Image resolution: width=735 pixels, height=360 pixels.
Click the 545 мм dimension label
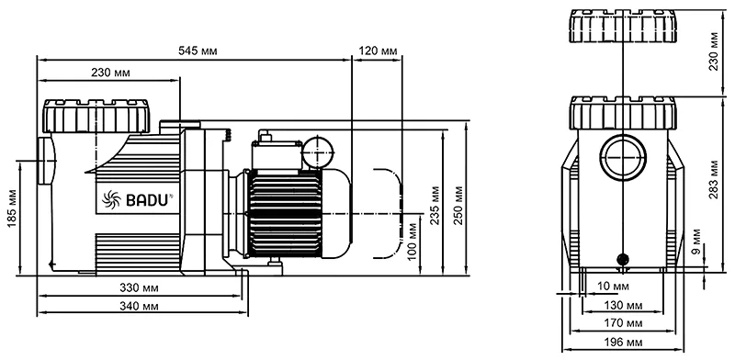[x=198, y=51]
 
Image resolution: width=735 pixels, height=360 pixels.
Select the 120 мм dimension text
[x=379, y=51]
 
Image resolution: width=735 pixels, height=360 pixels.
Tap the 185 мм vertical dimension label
[x=12, y=209]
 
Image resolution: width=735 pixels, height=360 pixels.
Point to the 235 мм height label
[x=435, y=205]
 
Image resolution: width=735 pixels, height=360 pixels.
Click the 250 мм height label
[x=458, y=205]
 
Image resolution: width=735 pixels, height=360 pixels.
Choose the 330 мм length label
[x=139, y=287]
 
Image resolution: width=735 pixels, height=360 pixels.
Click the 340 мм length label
[x=139, y=307]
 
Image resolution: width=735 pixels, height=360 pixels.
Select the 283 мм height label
[x=713, y=179]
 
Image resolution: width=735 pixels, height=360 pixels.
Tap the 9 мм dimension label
[x=696, y=242]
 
